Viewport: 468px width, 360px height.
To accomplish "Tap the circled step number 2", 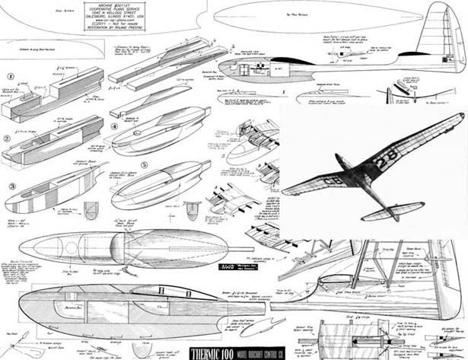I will [6, 139].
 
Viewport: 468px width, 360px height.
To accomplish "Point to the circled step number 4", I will [113, 126].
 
